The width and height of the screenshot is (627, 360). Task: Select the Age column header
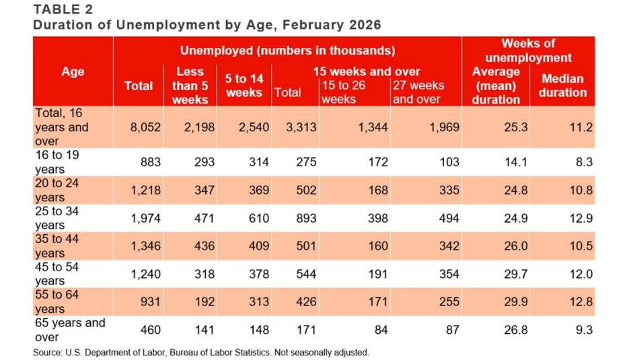tap(73, 71)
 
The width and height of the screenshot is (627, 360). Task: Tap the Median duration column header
tap(562, 85)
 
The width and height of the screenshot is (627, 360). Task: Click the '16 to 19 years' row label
tap(58, 162)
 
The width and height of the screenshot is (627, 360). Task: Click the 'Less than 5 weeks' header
tap(190, 85)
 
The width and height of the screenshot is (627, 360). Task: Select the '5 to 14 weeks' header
tap(244, 85)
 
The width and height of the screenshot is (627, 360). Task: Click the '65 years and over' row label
tap(70, 329)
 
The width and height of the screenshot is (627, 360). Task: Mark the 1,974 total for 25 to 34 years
tap(145, 218)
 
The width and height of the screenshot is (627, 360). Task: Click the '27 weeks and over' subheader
tap(417, 92)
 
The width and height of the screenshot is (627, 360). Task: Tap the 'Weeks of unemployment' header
tap(528, 50)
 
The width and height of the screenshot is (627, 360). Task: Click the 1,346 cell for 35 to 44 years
tap(145, 246)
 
